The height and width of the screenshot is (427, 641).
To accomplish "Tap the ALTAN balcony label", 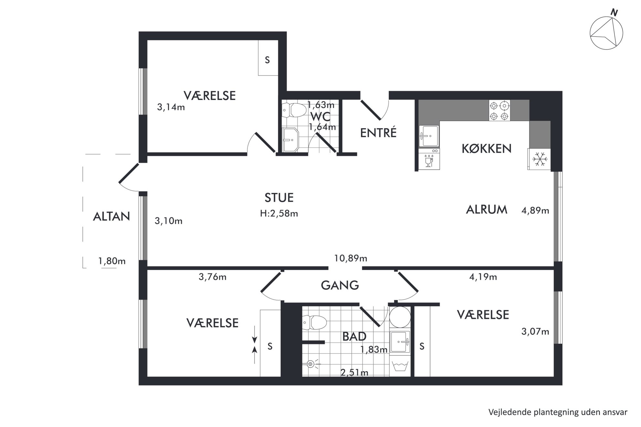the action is (x=111, y=217).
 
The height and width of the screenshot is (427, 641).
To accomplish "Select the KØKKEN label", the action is (x=487, y=149).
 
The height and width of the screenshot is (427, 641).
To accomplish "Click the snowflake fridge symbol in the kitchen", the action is (x=540, y=159).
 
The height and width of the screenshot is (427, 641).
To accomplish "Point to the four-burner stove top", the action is (x=499, y=111).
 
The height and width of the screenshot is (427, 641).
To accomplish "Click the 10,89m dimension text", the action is (x=351, y=259).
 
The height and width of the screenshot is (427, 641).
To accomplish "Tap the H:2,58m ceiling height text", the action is (x=279, y=213).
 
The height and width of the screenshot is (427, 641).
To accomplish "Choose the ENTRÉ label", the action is (x=378, y=133).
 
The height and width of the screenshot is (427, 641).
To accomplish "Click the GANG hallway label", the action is (x=340, y=285).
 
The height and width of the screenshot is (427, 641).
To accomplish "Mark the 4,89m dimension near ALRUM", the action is (x=535, y=211).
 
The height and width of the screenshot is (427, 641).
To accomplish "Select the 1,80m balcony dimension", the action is (x=112, y=261).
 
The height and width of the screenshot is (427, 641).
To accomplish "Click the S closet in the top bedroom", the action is (x=268, y=58).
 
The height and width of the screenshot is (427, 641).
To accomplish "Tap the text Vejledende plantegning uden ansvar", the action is (x=558, y=412).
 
